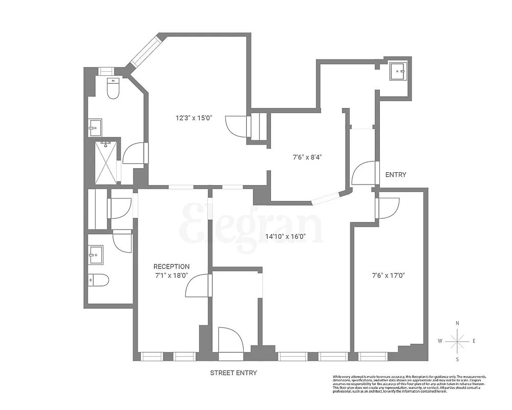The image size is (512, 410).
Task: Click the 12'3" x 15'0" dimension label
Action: coord(194,118)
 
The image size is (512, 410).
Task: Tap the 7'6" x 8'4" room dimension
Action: coord(307,157)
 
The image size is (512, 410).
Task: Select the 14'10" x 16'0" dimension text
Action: coord(285,237)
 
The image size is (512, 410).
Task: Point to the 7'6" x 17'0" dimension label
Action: coord(389,275)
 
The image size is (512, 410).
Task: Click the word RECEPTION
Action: coord(172,266)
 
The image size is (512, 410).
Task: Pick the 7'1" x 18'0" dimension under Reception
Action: coord(172,275)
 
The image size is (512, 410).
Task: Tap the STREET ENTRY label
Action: coord(233,373)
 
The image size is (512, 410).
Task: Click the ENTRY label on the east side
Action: coord(395,175)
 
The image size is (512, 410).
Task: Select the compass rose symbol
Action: coord(457,340)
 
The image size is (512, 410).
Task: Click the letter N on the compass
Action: coord(457,323)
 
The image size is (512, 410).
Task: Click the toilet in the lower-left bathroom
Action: coord(98,280)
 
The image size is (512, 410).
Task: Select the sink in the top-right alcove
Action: coord(397,72)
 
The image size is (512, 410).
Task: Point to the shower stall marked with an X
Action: coord(105,162)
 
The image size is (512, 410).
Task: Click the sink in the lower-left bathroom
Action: coord(95,254)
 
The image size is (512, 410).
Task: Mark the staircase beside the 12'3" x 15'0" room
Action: coord(258,126)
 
